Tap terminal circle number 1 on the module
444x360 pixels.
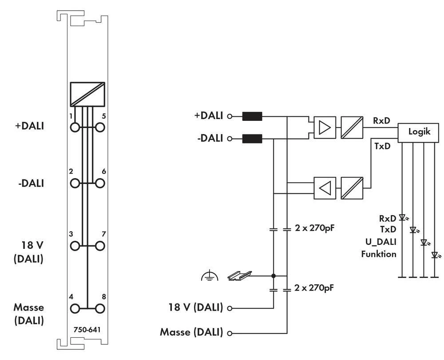tap(75, 127)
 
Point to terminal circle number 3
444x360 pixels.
tap(75, 245)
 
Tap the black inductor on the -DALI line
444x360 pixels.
tap(252, 139)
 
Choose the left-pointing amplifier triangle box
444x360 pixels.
tap(325, 188)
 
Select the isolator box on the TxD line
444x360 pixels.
tap(352, 188)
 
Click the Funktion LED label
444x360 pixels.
tap(379, 254)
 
